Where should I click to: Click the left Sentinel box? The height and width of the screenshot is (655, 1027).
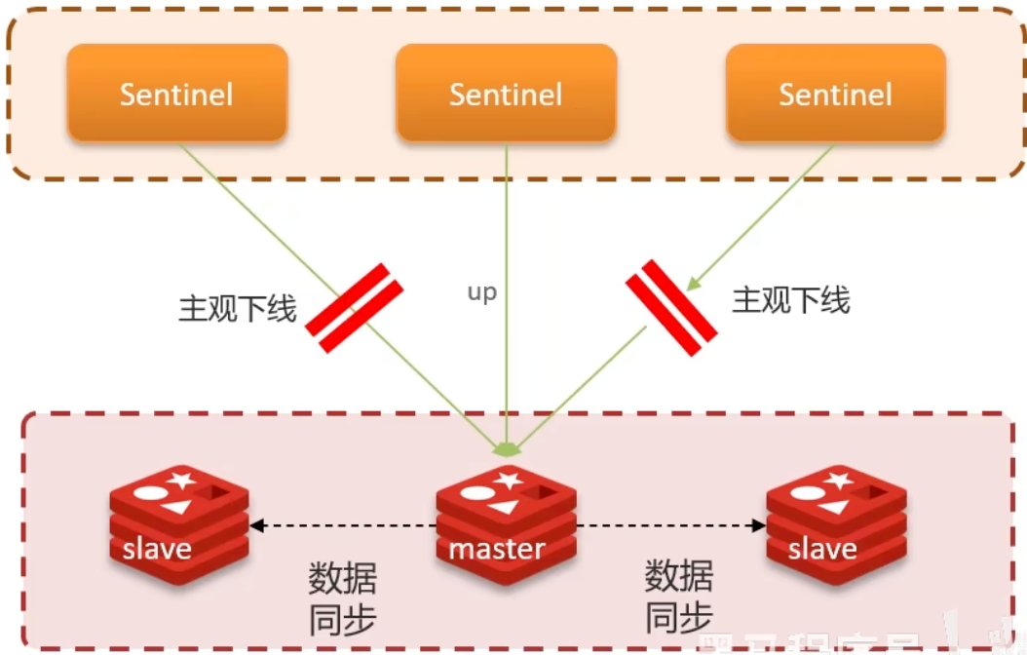click(x=176, y=94)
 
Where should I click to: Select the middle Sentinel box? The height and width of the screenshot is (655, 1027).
click(x=506, y=94)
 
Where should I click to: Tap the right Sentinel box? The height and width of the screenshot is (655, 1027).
click(x=835, y=94)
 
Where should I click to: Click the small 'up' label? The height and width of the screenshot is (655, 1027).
click(x=481, y=292)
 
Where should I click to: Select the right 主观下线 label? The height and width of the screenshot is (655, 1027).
click(x=790, y=299)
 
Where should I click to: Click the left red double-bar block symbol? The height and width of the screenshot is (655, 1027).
click(x=355, y=307)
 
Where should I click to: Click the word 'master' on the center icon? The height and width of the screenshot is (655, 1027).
click(x=496, y=548)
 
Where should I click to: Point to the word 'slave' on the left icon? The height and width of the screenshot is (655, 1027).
click(x=157, y=549)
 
